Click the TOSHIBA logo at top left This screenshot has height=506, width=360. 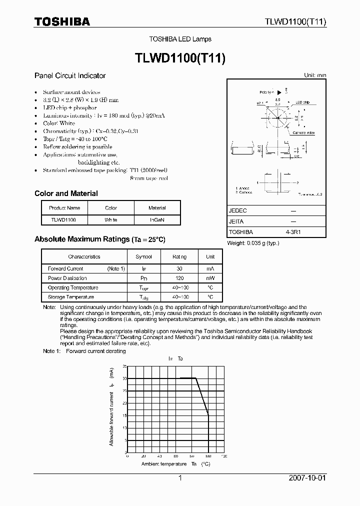62,21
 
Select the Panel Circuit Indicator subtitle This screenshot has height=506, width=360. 69,75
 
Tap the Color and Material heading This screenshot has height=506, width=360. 66,193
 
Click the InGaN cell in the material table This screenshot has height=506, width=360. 157,219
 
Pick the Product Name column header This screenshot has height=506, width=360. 64,208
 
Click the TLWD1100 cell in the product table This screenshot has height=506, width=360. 63,219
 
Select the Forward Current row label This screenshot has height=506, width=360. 65,268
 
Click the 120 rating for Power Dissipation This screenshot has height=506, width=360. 179,278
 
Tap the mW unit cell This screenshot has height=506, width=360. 210,278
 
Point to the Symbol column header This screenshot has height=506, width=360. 143,256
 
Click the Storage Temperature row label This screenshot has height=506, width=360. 70,297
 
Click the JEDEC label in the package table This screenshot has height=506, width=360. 237,211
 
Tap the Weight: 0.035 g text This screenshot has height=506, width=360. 253,243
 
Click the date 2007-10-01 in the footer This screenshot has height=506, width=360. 307,478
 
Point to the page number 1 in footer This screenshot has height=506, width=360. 180,478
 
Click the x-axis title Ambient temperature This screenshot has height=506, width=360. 161,464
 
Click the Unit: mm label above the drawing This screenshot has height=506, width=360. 315,75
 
